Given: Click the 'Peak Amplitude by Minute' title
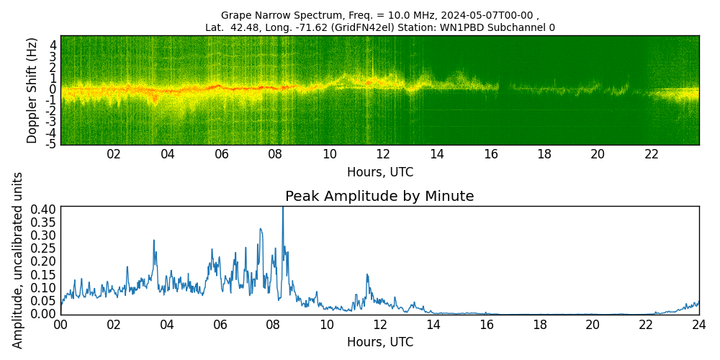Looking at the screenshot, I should [379, 197].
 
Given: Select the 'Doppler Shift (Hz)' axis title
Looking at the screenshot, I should [32, 91].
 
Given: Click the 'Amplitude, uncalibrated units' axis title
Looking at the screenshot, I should [18, 260].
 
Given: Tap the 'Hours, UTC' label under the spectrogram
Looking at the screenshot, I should [379, 172].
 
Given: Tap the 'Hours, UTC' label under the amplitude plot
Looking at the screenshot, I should [379, 342].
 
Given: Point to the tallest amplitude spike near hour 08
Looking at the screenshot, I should [283, 209].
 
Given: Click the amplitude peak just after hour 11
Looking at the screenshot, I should [367, 274].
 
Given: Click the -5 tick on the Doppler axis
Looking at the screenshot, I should [51, 145].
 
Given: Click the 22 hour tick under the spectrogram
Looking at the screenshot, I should [652, 154].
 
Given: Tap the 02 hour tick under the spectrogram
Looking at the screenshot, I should [114, 154].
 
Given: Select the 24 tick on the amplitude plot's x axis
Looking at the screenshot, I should [698, 325].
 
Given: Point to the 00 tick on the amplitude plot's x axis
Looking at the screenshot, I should [60, 325].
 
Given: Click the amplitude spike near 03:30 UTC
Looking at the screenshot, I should [154, 241].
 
